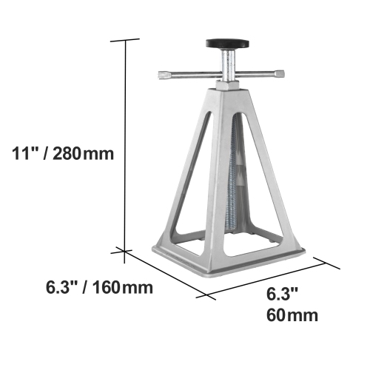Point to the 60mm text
(x=292, y=316)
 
